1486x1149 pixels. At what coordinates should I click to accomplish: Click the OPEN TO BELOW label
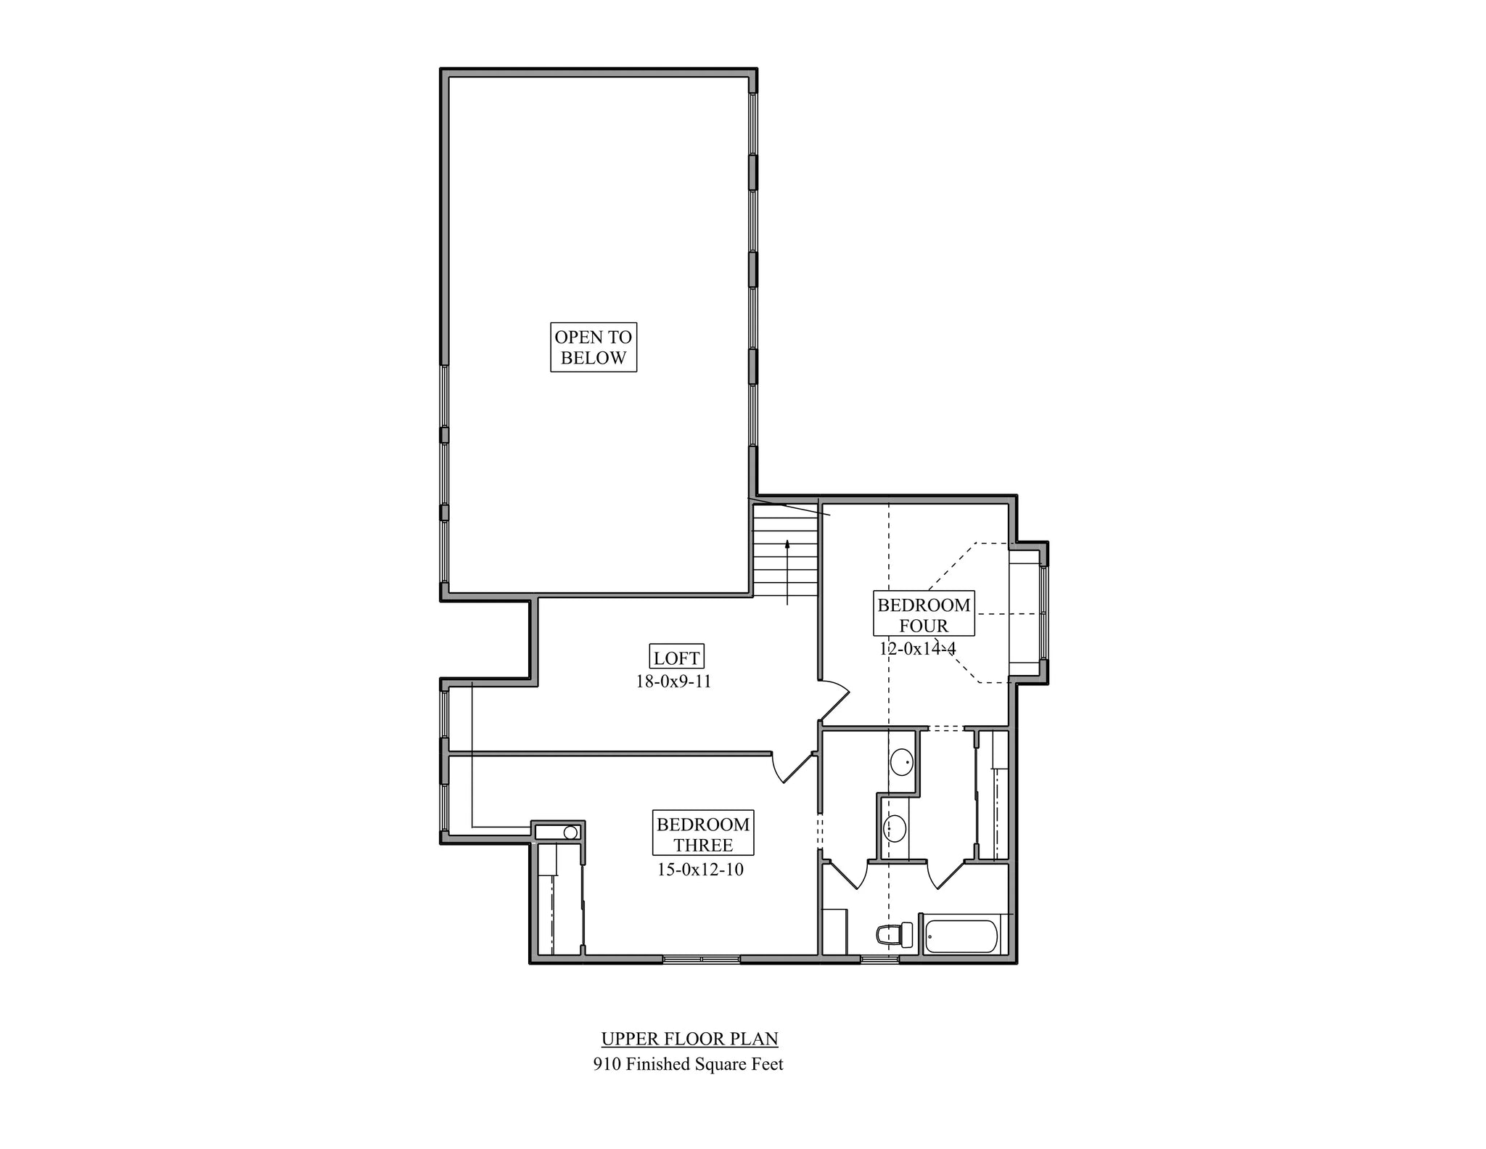[x=593, y=347]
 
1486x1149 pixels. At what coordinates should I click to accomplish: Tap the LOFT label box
[x=676, y=658]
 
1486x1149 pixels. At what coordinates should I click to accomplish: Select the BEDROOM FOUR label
[x=923, y=614]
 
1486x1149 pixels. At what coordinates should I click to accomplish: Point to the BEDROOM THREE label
[x=702, y=833]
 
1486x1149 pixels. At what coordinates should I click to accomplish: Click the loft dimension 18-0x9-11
[x=673, y=682]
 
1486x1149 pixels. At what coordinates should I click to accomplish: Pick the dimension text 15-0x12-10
[x=700, y=870]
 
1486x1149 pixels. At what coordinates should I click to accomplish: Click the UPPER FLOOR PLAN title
[x=689, y=1039]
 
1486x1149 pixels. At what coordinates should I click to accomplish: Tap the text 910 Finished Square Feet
[x=688, y=1064]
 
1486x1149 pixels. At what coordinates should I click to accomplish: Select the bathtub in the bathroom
[x=962, y=936]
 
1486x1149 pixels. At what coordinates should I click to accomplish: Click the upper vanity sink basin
[x=902, y=762]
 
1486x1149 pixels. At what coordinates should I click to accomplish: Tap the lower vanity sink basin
[x=895, y=827]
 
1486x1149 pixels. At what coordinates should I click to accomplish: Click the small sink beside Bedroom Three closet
[x=570, y=833]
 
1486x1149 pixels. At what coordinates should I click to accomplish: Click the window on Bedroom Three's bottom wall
[x=701, y=960]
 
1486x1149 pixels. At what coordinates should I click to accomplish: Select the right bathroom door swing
[x=945, y=875]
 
